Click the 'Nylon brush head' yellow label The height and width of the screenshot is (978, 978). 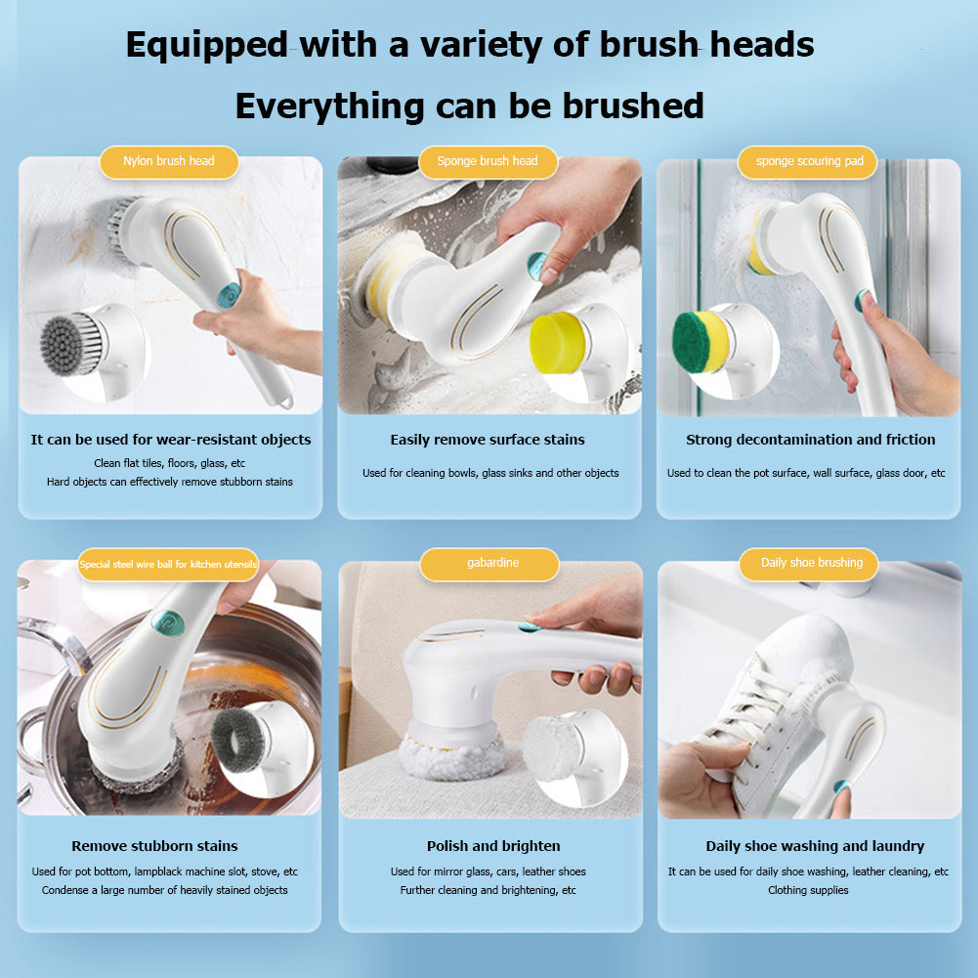pos(169,161)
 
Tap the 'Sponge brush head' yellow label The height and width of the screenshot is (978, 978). pos(488,161)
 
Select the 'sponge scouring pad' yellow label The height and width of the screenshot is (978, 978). pos(809,161)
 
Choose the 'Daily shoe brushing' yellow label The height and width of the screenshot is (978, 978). pos(811,563)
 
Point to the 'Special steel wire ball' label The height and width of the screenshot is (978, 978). pos(168,565)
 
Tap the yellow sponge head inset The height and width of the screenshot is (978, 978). pos(554,341)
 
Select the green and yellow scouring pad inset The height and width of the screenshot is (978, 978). pos(701,342)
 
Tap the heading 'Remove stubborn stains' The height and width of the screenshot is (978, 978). pos(154,846)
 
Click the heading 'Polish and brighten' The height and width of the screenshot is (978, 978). pos(493,846)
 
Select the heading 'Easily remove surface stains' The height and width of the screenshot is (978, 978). pos(488,440)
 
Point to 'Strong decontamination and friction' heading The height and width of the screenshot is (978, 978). pos(810,440)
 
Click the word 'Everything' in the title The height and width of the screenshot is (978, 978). pos(329,106)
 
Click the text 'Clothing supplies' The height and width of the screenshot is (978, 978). pos(808,890)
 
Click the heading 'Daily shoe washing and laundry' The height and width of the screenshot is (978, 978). pos(815,846)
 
